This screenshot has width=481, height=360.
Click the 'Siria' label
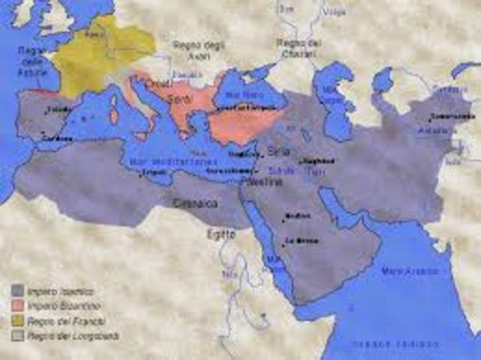point(277,152)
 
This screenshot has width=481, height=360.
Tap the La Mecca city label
point(295,242)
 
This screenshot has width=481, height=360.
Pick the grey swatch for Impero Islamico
point(17,290)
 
